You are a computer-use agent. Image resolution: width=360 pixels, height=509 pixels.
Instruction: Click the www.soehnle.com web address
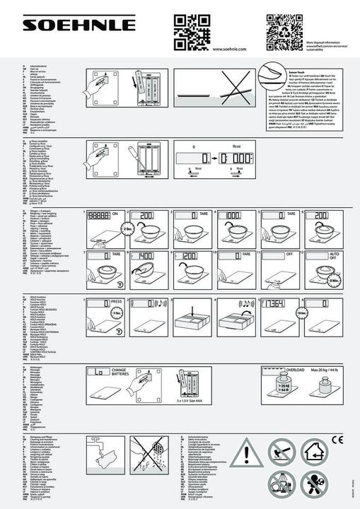point(228,49)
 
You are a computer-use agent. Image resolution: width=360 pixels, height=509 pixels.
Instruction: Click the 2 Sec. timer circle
point(109,228)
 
